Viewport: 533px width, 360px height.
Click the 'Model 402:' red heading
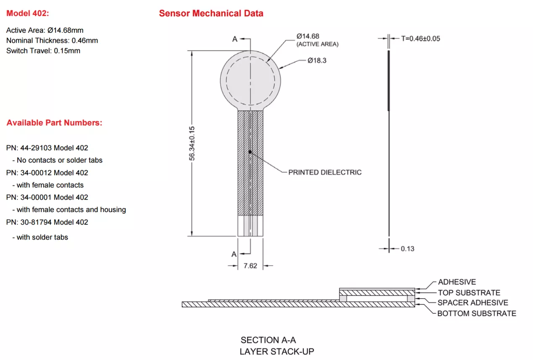28,13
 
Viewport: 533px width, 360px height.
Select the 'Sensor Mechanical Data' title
211,13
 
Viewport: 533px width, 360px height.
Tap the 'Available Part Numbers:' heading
54,123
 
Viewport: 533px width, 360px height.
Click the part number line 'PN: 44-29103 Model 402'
47,148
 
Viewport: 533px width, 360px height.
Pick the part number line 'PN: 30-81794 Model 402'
47,222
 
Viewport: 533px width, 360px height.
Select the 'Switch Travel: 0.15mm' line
43,50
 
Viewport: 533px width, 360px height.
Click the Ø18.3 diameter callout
317,60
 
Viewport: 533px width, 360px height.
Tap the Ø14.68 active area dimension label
308,37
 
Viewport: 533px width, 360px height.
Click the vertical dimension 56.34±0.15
192,143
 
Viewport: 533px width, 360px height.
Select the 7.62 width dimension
250,266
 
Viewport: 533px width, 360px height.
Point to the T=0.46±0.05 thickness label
420,38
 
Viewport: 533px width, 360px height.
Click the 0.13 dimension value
407,249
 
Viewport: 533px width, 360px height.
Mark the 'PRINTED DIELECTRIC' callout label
325,172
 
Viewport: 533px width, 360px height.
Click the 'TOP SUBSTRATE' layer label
469,293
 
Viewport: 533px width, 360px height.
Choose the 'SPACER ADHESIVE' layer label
473,302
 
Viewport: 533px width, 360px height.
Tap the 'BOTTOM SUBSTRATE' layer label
476,313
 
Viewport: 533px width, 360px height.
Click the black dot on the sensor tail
250,152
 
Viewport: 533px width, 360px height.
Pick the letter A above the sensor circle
235,39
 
